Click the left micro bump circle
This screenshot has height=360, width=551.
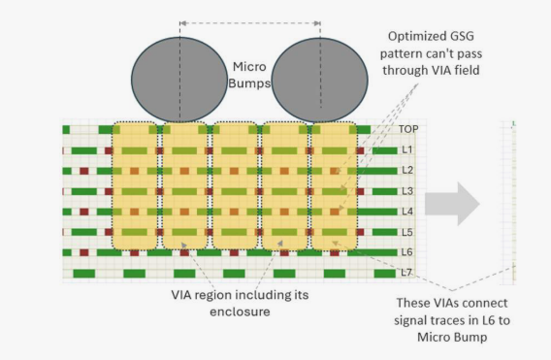tap(179, 80)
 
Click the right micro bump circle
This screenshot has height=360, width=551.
tap(320, 80)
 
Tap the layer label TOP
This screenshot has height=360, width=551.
tap(408, 129)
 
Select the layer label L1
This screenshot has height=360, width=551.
tap(407, 149)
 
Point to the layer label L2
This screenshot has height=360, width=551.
tap(407, 170)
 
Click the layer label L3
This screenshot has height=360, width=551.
tap(407, 191)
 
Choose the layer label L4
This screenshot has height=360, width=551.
tap(407, 212)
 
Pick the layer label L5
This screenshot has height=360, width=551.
tap(407, 232)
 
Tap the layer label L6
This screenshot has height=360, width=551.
tap(407, 252)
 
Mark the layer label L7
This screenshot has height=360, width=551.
tap(406, 273)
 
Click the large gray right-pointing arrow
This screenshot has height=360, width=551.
tap(452, 204)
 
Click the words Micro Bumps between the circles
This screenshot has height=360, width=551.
tap(249, 75)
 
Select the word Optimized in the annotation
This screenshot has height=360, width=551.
tap(410, 36)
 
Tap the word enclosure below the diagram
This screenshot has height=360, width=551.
tap(240, 311)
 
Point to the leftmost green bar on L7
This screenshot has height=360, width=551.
tap(84, 274)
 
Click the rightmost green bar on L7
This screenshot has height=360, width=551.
tap(385, 274)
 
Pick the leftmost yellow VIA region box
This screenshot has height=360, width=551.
tap(135, 185)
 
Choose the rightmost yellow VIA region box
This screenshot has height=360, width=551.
tap(334, 185)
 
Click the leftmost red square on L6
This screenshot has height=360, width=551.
tap(84, 252)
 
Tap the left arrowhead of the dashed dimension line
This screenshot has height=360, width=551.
tap(182, 23)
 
